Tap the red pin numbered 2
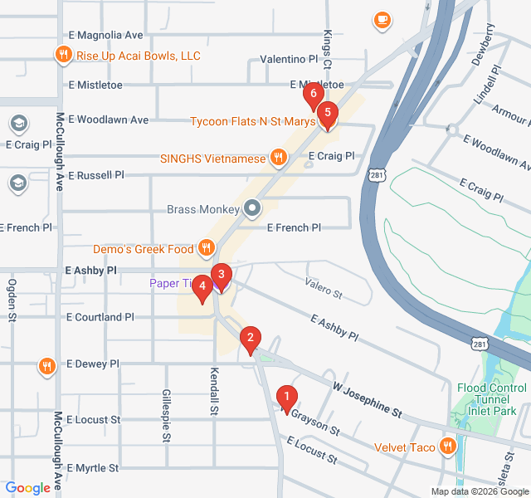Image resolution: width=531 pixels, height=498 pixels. (x=248, y=339)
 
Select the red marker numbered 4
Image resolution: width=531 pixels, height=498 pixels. (x=202, y=287)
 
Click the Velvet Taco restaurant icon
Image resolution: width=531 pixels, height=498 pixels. (x=449, y=447)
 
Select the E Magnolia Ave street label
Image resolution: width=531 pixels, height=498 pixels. (x=105, y=35)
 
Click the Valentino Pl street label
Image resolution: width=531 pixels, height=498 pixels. (x=289, y=60)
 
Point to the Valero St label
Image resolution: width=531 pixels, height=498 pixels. (x=323, y=290)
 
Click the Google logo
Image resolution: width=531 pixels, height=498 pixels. (x=27, y=489)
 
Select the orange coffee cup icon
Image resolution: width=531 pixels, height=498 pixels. (x=382, y=20)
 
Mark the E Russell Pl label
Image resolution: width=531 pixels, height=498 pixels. (x=96, y=175)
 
